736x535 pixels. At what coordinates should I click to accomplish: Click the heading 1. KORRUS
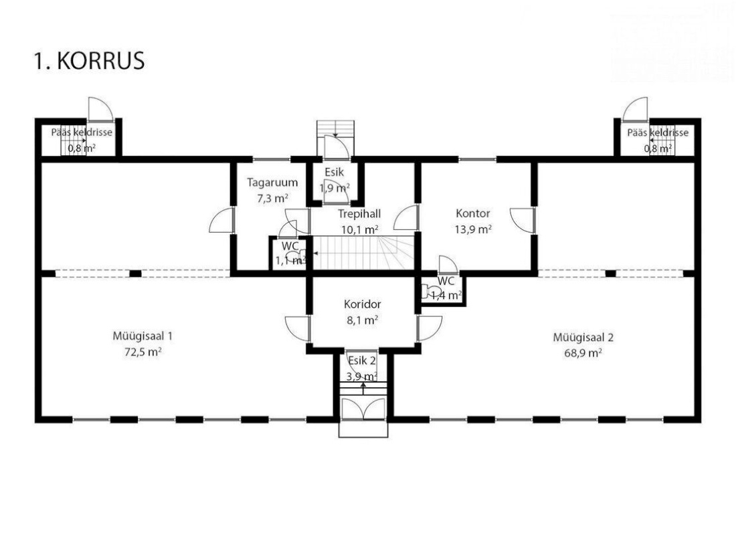pyautogui.click(x=89, y=61)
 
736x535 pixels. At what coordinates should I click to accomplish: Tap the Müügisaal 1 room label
pyautogui.click(x=143, y=336)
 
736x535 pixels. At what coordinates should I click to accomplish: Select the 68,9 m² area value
pyautogui.click(x=583, y=352)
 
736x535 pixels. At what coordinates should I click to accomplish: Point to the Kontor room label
pyautogui.click(x=472, y=213)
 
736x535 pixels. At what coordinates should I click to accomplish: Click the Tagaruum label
pyautogui.click(x=272, y=182)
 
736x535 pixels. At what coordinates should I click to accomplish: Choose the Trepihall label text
pyautogui.click(x=359, y=213)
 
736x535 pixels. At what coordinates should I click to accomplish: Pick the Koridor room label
pyautogui.click(x=363, y=304)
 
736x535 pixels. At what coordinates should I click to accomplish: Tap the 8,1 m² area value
pyautogui.click(x=363, y=320)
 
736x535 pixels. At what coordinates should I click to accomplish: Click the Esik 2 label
pyautogui.click(x=362, y=360)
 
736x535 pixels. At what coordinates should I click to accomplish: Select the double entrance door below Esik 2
pyautogui.click(x=363, y=409)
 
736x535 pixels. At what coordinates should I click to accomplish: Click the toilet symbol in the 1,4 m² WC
pyautogui.click(x=430, y=292)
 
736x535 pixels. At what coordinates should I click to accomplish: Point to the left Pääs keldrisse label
pyautogui.click(x=82, y=132)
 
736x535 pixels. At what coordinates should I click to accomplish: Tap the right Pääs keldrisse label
pyautogui.click(x=658, y=132)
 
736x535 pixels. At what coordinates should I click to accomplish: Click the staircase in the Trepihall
pyautogui.click(x=364, y=253)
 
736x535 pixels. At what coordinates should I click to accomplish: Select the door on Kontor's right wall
pyautogui.click(x=522, y=220)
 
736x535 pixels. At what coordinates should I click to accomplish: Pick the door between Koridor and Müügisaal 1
pyautogui.click(x=298, y=328)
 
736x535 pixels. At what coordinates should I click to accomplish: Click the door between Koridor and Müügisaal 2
pyautogui.click(x=429, y=328)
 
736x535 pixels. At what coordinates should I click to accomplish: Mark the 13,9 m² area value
pyautogui.click(x=473, y=229)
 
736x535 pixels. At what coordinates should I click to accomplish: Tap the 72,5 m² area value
pyautogui.click(x=143, y=352)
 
